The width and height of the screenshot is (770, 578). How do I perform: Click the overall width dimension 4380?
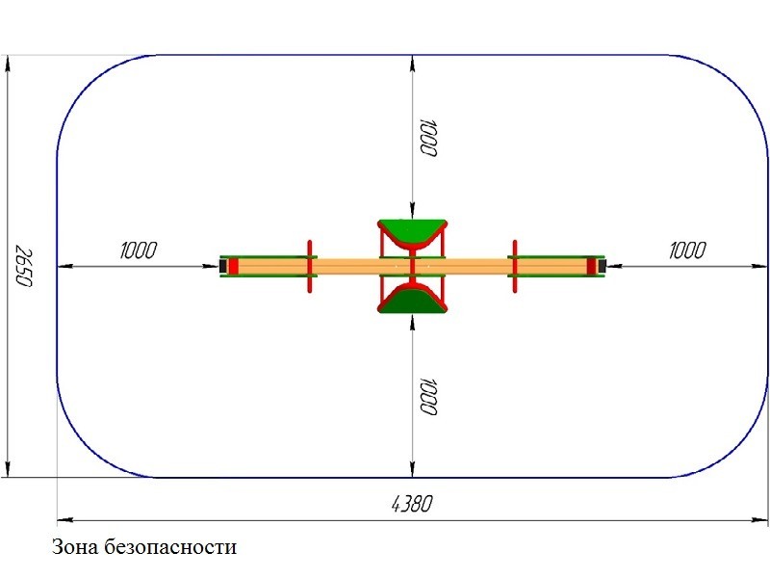(x=412, y=504)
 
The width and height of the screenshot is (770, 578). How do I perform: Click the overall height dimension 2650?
(x=23, y=266)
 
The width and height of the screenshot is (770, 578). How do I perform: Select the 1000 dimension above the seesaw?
(x=427, y=138)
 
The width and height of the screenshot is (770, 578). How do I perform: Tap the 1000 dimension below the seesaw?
(x=427, y=396)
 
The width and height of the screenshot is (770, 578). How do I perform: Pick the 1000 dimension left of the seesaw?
(x=139, y=250)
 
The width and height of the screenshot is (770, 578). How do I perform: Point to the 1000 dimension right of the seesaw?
(x=687, y=250)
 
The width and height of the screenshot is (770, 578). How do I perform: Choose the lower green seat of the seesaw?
(x=412, y=300)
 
